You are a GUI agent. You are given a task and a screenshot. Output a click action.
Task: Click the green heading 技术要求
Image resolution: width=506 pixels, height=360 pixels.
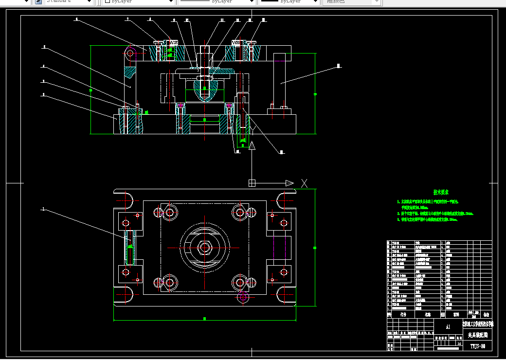coord(441,193)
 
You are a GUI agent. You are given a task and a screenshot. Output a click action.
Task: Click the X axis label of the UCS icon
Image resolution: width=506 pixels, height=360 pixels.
coord(305,183)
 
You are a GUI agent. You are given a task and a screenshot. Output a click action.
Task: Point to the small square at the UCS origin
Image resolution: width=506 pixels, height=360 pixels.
coord(252,183)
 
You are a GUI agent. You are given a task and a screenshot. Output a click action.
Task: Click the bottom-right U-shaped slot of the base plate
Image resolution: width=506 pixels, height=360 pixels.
coord(285,295)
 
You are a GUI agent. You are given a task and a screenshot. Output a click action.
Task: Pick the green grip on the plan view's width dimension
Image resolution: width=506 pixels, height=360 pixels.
coord(205,319)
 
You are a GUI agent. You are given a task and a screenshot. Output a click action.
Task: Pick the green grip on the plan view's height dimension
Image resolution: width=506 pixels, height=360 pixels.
coord(314,245)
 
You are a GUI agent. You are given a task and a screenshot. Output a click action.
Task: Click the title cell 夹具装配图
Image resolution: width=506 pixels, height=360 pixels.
coord(477,336)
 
